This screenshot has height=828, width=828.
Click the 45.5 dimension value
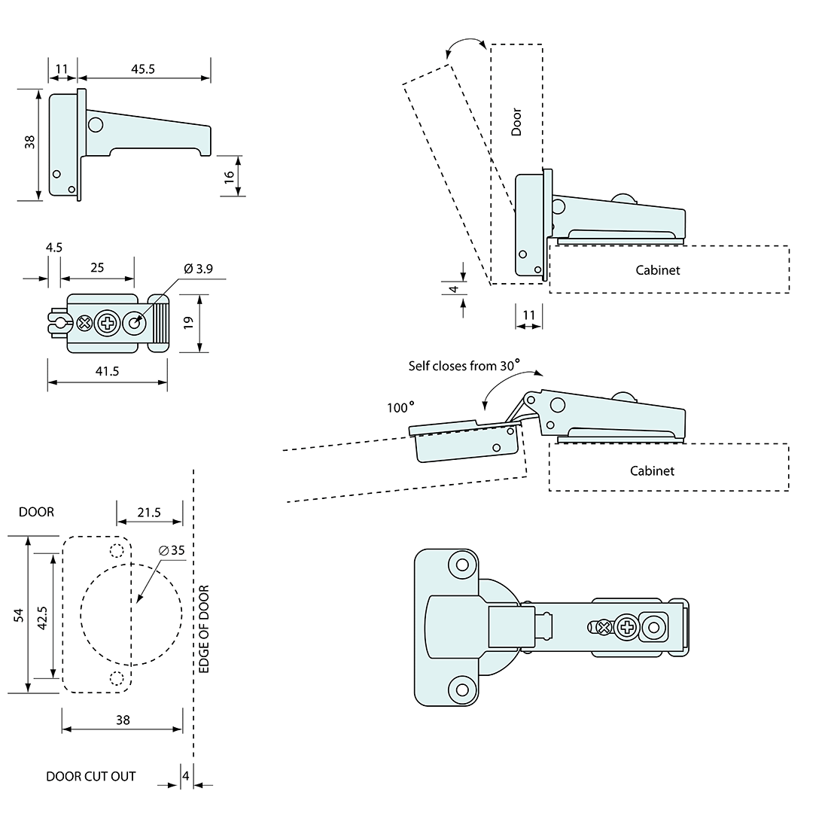tap(143, 68)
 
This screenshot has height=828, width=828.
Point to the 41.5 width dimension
tap(107, 370)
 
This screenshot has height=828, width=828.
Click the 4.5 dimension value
tap(53, 247)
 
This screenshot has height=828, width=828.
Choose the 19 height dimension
tap(189, 322)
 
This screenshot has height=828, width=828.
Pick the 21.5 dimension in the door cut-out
tap(149, 512)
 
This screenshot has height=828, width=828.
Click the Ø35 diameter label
tap(172, 549)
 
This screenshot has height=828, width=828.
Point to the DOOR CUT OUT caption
tap(91, 776)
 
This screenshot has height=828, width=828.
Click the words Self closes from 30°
tap(464, 366)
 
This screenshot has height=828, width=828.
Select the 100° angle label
tap(400, 407)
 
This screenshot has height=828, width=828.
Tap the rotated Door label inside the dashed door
tap(516, 122)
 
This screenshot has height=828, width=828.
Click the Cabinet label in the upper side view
tap(657, 269)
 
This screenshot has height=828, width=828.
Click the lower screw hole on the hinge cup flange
tap(459, 689)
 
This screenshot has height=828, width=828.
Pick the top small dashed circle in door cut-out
tap(117, 549)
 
